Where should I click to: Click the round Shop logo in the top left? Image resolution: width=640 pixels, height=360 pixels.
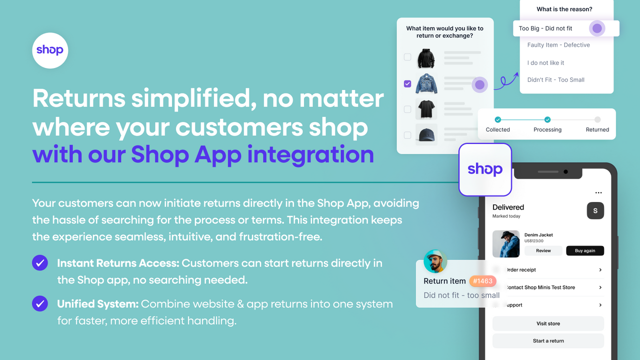[x=50, y=50]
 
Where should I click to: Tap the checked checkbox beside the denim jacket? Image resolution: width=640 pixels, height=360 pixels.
[x=407, y=84]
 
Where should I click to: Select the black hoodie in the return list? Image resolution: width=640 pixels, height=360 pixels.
[x=426, y=58]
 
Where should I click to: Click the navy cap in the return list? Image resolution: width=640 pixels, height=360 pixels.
[x=426, y=134]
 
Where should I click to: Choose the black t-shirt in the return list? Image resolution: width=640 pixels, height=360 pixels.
[x=426, y=109]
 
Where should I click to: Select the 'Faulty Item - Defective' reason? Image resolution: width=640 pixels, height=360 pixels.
[x=558, y=45]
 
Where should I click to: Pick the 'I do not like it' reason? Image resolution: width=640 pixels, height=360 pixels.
[x=545, y=63]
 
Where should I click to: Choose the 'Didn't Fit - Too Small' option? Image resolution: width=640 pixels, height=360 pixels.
[x=555, y=80]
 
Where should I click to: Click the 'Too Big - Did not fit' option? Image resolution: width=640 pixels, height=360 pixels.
[x=545, y=28]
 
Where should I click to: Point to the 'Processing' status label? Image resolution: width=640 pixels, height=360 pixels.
[x=547, y=130]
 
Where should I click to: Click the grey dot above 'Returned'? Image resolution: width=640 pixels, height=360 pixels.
[x=597, y=120]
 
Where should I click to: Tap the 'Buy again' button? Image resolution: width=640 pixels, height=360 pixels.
[x=584, y=251]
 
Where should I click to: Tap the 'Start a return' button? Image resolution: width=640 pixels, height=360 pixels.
[x=548, y=341]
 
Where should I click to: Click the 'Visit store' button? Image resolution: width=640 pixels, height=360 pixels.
[x=548, y=323]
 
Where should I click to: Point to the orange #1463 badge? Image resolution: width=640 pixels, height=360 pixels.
[x=482, y=281]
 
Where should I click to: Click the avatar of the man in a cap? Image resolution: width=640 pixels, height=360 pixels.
[x=435, y=261]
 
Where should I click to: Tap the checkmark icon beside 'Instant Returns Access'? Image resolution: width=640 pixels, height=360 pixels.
[x=40, y=263]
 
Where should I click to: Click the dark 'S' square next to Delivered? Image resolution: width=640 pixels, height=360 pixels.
[x=595, y=211]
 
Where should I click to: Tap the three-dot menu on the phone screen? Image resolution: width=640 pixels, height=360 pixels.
[x=598, y=193]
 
